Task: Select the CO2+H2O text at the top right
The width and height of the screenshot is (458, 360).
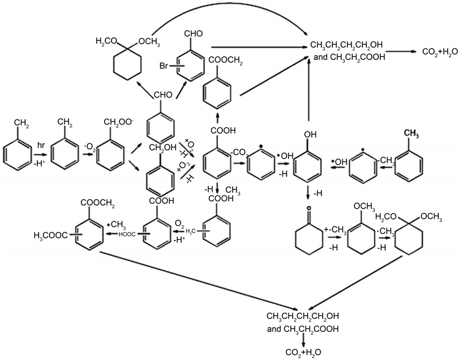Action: (432, 53)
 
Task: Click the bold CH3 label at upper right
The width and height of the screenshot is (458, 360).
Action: (410, 130)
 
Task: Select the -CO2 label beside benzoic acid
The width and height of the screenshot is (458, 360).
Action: (239, 151)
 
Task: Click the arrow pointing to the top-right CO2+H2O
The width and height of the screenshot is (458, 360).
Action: (392, 53)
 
